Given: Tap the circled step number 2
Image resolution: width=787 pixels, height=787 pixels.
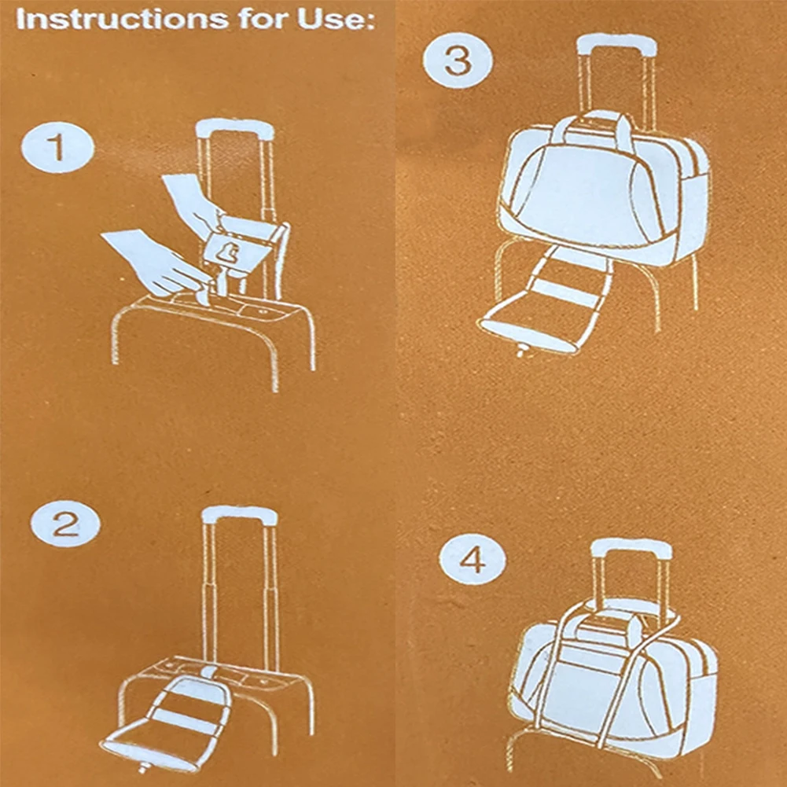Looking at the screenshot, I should [65, 524].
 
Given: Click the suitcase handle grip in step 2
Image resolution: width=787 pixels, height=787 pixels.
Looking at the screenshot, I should [239, 515].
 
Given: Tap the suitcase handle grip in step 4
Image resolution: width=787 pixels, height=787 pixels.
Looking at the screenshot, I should [631, 549].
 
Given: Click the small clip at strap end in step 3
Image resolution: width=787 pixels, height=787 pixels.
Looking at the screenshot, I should [520, 351].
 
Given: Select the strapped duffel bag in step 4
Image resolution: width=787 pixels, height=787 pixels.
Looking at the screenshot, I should [613, 676].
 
